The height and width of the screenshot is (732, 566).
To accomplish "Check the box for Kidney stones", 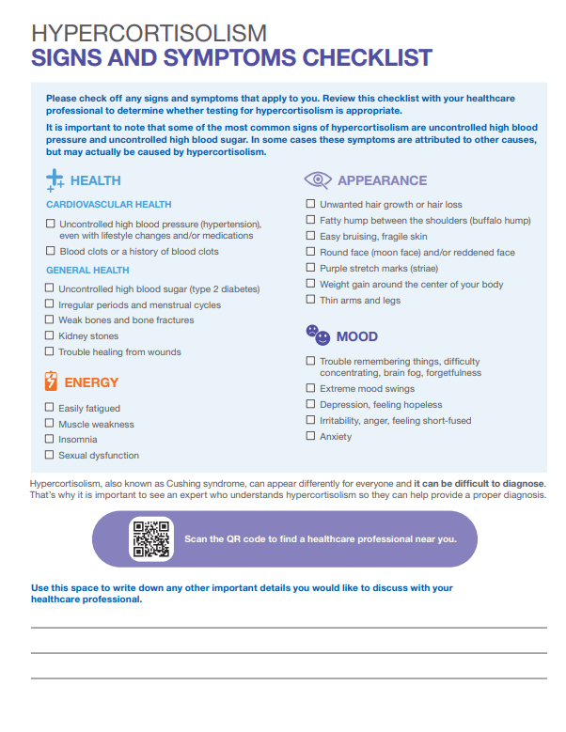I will tap(50, 335).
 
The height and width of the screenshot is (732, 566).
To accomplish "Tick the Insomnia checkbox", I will tap(50, 439).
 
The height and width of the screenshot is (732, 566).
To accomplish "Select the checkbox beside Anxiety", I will tap(311, 436).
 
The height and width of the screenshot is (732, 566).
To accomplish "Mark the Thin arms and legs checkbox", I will tap(311, 300).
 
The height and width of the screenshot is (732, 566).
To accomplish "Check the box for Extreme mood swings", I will tap(311, 388).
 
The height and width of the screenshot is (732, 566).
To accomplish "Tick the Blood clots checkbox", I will tap(50, 251).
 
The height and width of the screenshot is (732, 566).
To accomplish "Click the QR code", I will tap(150, 539).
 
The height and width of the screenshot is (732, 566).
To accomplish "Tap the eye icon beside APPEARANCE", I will tap(318, 179).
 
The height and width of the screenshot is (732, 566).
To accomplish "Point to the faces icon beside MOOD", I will tap(318, 334).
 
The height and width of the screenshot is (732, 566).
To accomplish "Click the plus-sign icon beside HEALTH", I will tap(55, 179).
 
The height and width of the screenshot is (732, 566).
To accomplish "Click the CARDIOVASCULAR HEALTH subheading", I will tap(108, 204).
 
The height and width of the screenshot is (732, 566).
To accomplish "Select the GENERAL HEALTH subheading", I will tap(87, 270).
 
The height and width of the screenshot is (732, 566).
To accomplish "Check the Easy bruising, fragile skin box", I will tap(311, 236).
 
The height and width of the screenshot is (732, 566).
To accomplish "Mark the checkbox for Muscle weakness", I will tap(50, 424).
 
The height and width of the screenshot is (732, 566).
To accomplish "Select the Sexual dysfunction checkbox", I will tap(50, 455).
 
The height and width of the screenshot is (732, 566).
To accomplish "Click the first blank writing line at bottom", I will tap(289, 627).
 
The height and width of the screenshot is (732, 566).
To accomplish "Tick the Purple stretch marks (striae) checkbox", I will tap(311, 268).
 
